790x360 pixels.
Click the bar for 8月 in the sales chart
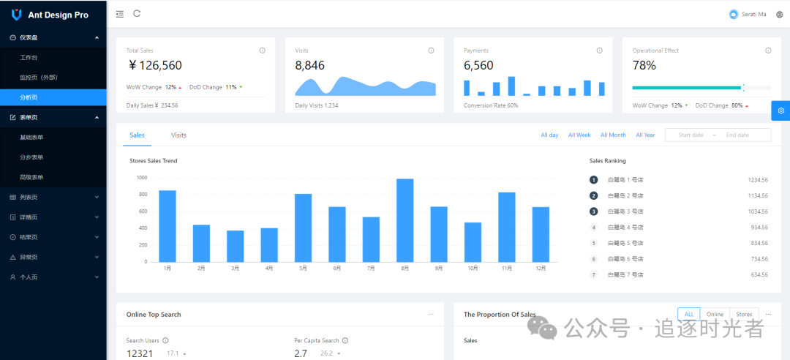tap(405, 220)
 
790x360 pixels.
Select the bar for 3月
tap(235, 246)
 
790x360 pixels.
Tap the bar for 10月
tap(473, 242)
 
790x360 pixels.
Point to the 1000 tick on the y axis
tap(142, 178)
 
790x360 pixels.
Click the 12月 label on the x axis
tap(541, 269)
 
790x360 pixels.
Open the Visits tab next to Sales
tap(178, 135)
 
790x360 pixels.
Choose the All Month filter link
tap(613, 135)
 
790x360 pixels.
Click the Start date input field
tap(691, 135)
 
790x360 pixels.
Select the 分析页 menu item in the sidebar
tap(29, 97)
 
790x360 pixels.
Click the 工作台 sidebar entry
tap(29, 57)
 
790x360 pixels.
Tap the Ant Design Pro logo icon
tap(16, 15)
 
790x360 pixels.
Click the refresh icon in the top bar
tap(137, 14)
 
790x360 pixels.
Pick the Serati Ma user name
tap(753, 15)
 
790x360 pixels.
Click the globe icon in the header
tap(779, 15)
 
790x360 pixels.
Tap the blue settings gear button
tap(780, 110)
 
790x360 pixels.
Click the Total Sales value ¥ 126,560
tap(155, 66)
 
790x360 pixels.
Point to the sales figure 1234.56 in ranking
tap(758, 180)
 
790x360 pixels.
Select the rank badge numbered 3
tap(594, 211)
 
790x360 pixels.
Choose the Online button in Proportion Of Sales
tap(715, 314)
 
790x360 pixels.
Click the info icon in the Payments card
tap(600, 50)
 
